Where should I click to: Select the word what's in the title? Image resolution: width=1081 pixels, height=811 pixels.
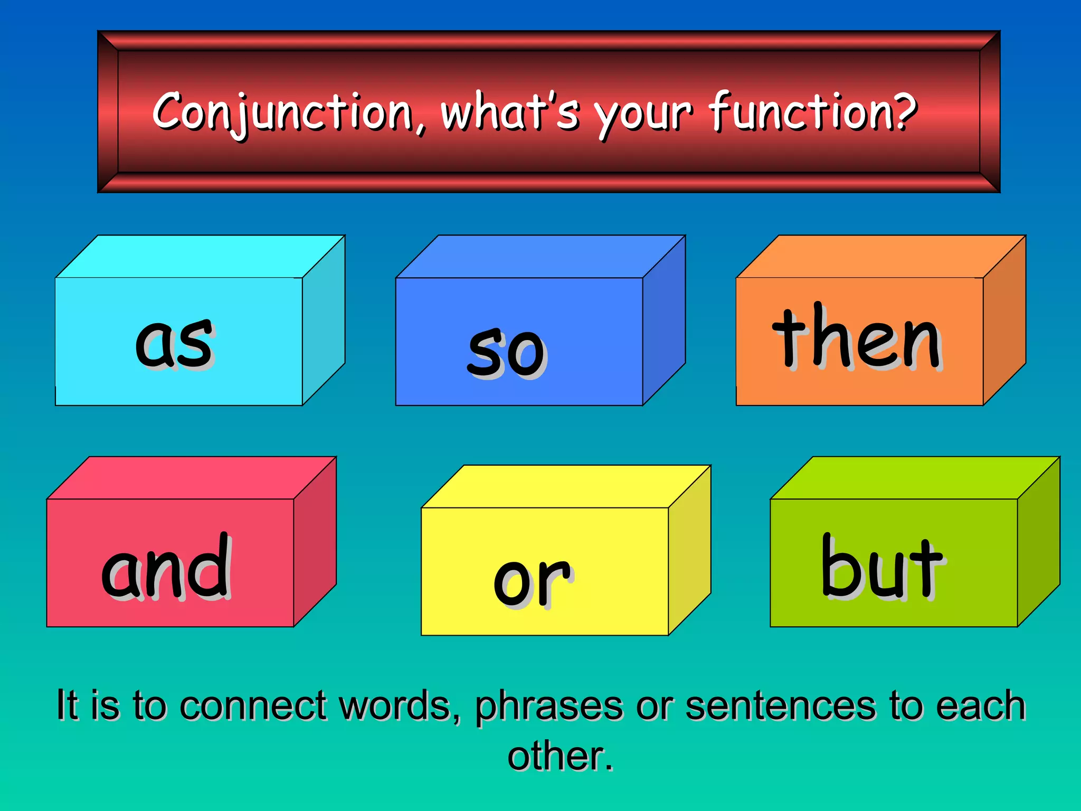pyautogui.click(x=510, y=111)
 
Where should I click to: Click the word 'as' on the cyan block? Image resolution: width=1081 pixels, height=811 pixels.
pyautogui.click(x=174, y=343)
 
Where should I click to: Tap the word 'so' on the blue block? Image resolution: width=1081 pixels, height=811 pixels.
pyautogui.click(x=507, y=351)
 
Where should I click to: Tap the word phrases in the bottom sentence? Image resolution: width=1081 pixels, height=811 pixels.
pyautogui.click(x=549, y=706)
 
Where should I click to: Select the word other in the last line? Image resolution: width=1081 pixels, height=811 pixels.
pyautogui.click(x=554, y=756)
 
